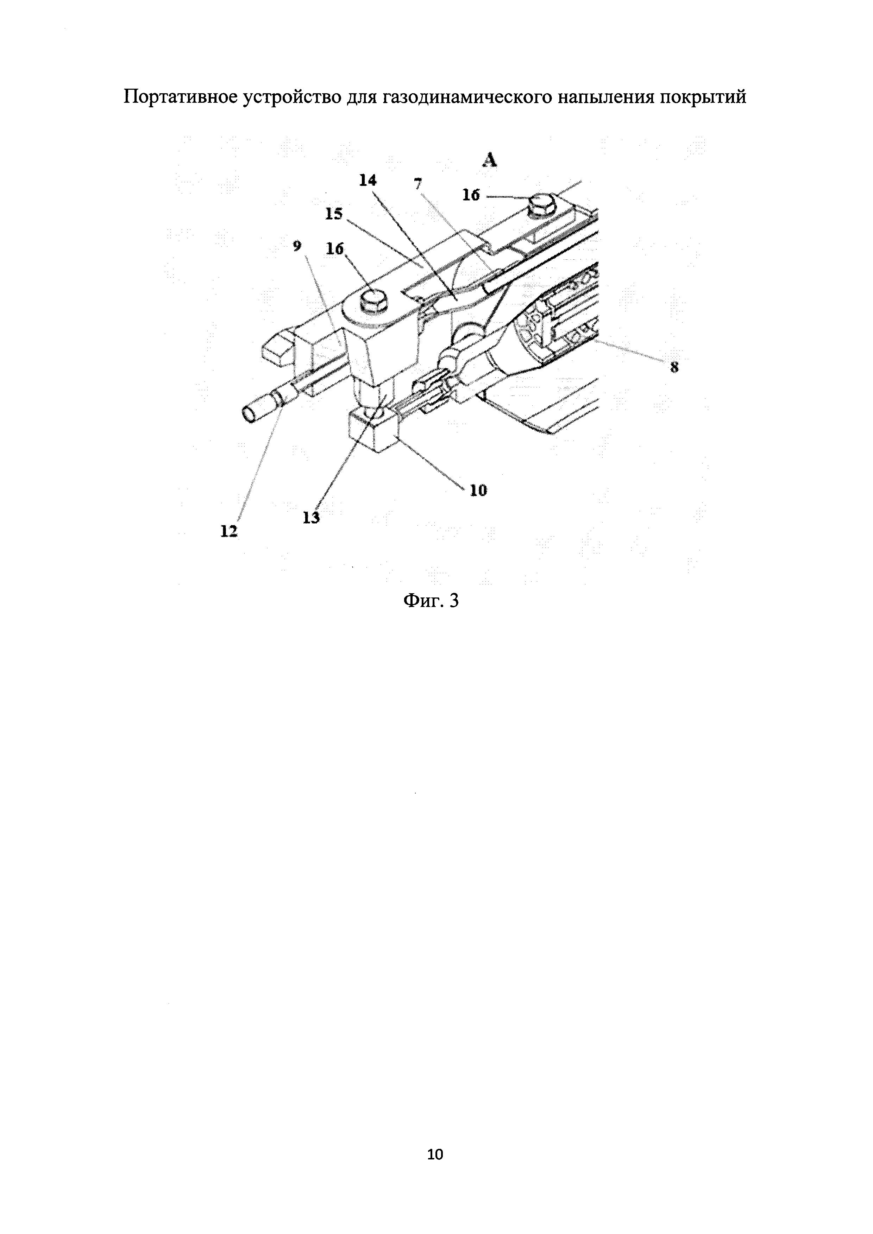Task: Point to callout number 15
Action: click(x=333, y=214)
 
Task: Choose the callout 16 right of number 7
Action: click(x=471, y=196)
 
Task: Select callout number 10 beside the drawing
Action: click(x=478, y=490)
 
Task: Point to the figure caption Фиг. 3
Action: click(x=432, y=600)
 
